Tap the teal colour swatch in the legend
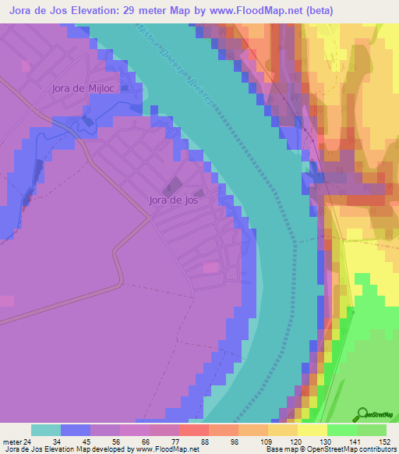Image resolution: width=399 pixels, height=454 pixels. pos(46,430)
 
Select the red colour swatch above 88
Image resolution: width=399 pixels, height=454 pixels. pos(193,430)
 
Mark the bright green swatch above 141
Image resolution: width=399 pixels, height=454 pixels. pos(341,430)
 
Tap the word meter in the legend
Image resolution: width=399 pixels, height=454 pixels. pos(11,442)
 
